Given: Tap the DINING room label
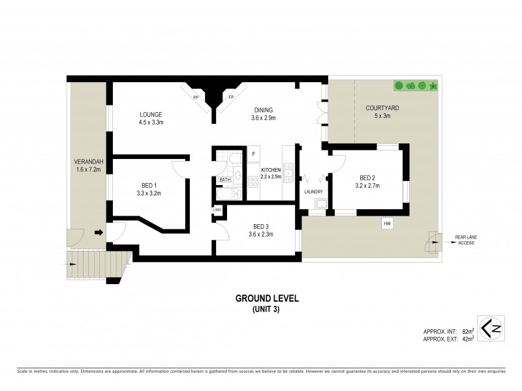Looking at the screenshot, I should [264, 110].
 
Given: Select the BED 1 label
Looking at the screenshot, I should [150, 184].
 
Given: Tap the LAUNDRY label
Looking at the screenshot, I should [314, 191].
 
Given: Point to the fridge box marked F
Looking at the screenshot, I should [253, 154].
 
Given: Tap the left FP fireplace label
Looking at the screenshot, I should [195, 98].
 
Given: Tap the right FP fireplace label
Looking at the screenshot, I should [230, 98].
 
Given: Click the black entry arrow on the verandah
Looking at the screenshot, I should [99, 231].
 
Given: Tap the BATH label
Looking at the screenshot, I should [224, 180].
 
